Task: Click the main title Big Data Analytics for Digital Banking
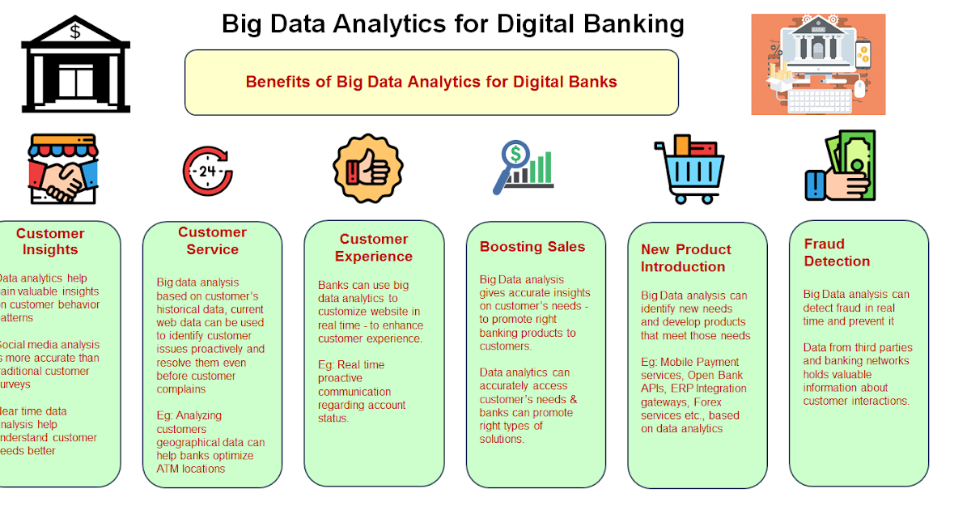point(453,23)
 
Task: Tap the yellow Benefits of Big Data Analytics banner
point(431,82)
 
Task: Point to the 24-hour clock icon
point(207,171)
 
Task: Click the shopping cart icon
point(688,170)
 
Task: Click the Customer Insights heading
point(50,241)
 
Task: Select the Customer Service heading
point(212,240)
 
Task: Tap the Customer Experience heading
point(374,248)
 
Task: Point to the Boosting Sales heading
point(532,247)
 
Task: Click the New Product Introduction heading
point(685,257)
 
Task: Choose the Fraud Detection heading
point(837,253)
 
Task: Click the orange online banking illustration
point(818,64)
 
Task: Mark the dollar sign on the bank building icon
point(75,32)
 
